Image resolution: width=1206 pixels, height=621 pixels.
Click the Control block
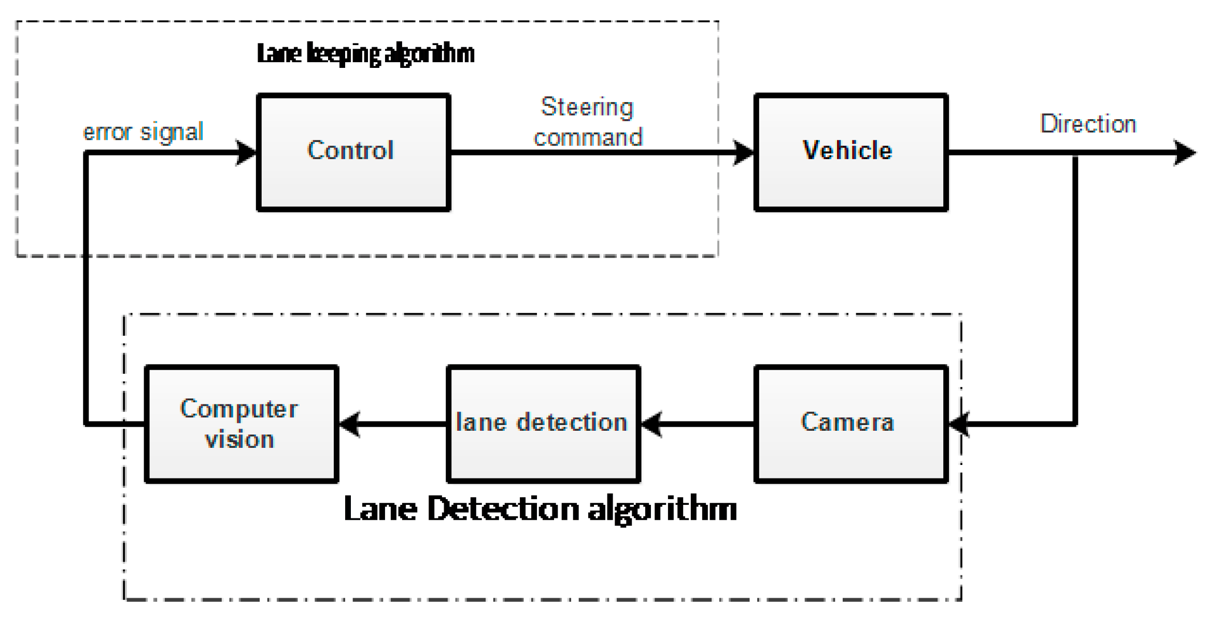[x=353, y=152]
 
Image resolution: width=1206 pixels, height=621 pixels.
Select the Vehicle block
[x=850, y=152]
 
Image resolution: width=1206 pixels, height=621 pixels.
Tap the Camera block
[x=850, y=424]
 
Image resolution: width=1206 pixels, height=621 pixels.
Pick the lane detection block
[x=543, y=424]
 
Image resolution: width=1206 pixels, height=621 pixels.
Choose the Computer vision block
[x=242, y=424]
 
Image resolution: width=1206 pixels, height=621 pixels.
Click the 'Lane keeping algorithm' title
[x=365, y=54]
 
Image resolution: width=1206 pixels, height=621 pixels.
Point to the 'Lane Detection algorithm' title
[x=540, y=509]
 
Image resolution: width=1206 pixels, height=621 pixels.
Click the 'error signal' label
[x=143, y=132]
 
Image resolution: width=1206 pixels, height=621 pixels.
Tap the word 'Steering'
[x=587, y=107]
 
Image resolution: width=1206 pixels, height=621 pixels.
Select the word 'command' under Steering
[x=588, y=138]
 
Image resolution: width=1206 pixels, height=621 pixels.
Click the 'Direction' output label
[x=1087, y=124]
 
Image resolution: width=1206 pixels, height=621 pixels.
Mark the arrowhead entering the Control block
[x=247, y=152]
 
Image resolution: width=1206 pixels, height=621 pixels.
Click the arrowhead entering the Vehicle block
[x=744, y=152]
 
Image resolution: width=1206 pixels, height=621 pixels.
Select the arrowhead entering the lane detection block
[x=651, y=424]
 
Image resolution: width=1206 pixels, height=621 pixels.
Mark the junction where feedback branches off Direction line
[x=1075, y=153]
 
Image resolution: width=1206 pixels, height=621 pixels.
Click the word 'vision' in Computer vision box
[x=239, y=440]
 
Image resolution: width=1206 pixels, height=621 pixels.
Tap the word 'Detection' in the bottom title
[x=502, y=509]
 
